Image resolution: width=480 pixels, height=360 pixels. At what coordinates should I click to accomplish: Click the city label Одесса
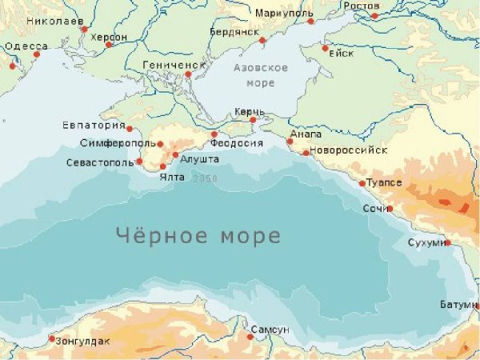26,47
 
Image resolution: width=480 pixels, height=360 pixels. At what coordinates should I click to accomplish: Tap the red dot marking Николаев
85,30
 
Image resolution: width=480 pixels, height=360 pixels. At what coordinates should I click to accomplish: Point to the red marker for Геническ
188,74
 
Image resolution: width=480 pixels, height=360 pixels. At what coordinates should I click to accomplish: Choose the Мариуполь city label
282,14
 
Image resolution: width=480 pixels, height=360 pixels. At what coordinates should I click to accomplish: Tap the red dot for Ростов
374,15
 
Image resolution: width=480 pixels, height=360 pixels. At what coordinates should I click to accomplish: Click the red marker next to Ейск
325,48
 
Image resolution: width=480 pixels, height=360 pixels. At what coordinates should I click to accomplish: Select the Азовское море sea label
259,76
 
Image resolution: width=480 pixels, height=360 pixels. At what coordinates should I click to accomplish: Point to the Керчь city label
250,110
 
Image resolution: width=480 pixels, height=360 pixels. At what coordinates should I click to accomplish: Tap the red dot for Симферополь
160,145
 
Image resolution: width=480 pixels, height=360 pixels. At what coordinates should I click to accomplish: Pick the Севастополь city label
99,162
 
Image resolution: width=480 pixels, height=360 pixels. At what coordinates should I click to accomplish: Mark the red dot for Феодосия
214,134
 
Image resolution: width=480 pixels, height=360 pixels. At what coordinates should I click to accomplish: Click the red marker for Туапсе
362,183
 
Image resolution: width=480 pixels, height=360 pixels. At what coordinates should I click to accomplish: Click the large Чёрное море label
198,237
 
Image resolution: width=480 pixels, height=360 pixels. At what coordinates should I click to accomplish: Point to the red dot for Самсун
250,337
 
